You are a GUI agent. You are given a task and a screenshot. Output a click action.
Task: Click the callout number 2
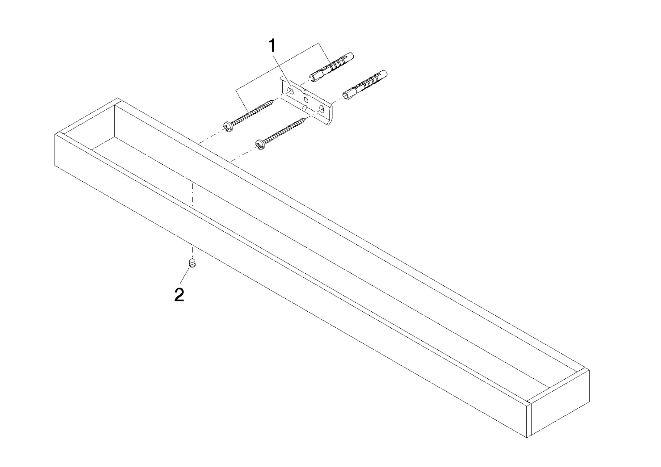click(x=179, y=295)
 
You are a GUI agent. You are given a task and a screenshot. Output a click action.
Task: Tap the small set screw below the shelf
click(x=192, y=263)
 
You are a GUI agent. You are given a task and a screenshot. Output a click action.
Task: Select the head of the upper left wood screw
click(x=228, y=126)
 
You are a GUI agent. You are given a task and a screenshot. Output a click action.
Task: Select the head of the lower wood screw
click(x=260, y=144)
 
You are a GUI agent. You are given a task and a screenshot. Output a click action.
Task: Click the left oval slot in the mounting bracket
click(x=290, y=92)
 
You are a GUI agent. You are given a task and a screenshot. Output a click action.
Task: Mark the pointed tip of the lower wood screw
click(x=306, y=119)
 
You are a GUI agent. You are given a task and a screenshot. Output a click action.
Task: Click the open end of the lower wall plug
click(x=345, y=94)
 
